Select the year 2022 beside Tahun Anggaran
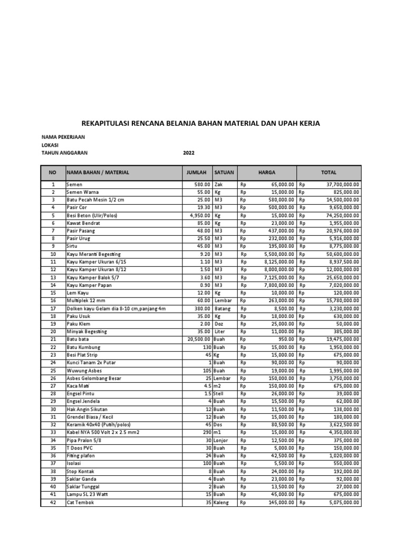coord(189,153)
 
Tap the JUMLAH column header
coord(197,172)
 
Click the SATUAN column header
coord(225,172)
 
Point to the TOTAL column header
coord(329,172)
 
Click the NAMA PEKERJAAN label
coord(63,137)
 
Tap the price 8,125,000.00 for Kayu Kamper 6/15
coord(275,262)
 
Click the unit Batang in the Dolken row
coord(223,308)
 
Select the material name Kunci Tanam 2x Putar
coord(91,363)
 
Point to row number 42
coord(53,502)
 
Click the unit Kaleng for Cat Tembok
coord(223,502)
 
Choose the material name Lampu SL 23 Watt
coord(88,494)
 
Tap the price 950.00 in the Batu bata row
coord(285,340)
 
